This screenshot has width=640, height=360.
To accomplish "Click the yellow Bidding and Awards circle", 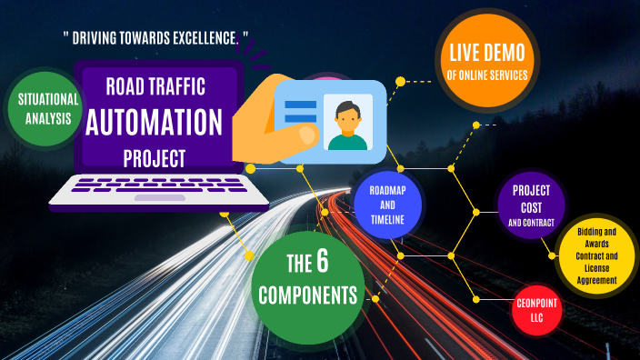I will coord(596,256).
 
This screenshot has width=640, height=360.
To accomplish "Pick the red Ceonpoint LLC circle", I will coord(535,308).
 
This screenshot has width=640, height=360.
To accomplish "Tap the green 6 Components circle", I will coord(307,280).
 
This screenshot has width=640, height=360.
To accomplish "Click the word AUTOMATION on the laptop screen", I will coord(154,121).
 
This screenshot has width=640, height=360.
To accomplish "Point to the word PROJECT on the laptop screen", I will coord(154,158).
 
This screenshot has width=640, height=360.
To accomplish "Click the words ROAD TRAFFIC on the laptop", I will coord(155,87).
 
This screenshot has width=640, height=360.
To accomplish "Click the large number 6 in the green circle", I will coord(322,263).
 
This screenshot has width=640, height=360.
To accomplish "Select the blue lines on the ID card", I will coord(301,112).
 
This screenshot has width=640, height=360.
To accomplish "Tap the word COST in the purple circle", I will coord(532,206).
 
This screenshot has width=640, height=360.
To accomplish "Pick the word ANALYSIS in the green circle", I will coord(43,117).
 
